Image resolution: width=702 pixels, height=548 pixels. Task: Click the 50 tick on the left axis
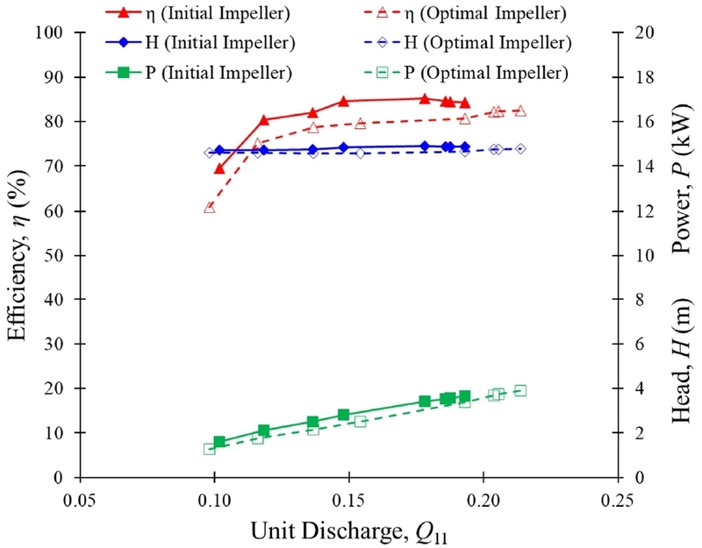tap(59, 255)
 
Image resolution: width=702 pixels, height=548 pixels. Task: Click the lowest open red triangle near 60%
tap(210, 207)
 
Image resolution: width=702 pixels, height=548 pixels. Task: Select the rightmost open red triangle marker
tap(520, 110)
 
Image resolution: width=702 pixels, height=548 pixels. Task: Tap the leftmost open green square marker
tap(210, 448)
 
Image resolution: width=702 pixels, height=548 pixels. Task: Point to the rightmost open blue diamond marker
tap(520, 149)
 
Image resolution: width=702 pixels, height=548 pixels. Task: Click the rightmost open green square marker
tap(520, 390)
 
